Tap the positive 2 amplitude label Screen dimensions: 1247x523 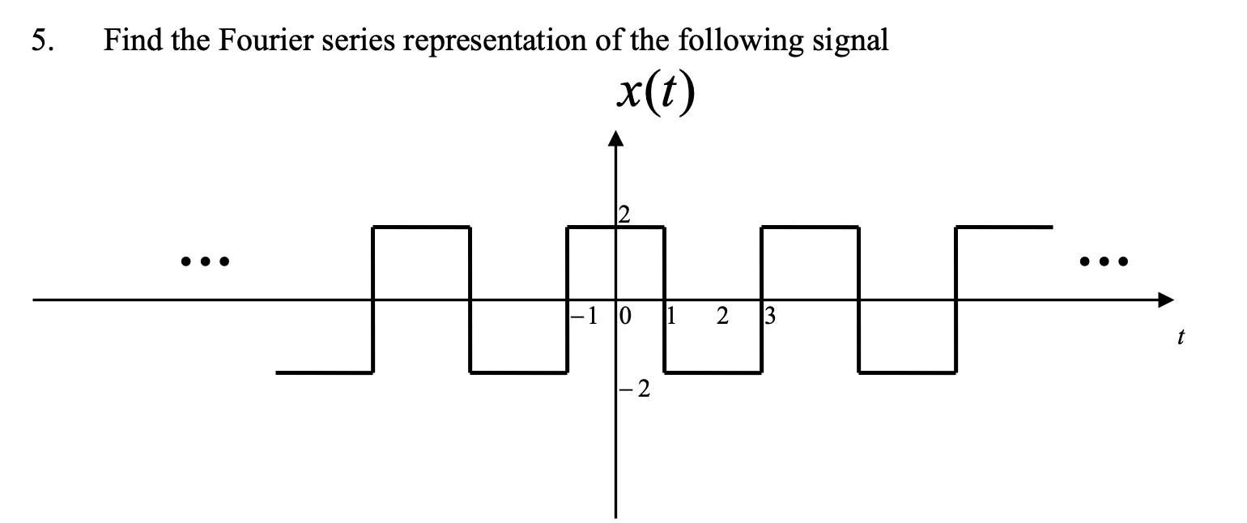(623, 215)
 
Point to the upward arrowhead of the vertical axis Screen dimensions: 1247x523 (615, 138)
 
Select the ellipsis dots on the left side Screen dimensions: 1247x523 (205, 261)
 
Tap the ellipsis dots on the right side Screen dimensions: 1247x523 (1103, 261)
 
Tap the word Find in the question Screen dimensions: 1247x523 (129, 40)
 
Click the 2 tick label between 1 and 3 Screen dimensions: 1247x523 (721, 316)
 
